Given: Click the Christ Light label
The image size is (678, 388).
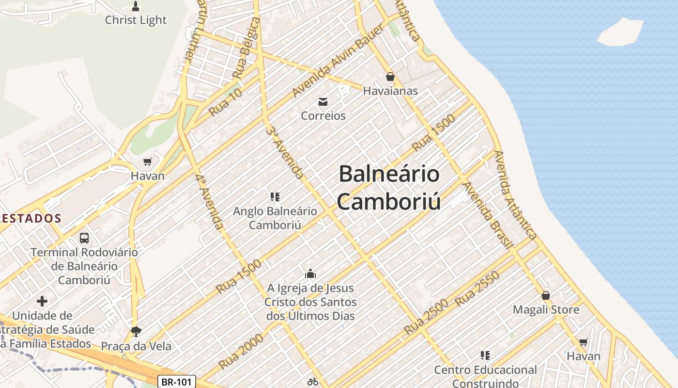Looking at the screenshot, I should click(x=136, y=20).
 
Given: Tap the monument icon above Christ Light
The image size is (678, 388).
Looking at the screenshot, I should click(x=136, y=6).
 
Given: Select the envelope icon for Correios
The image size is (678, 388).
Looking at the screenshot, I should click(x=323, y=101).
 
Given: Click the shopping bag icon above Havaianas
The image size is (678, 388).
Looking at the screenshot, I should click(x=390, y=77).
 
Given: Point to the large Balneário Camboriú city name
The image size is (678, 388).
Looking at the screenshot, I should click(x=389, y=187).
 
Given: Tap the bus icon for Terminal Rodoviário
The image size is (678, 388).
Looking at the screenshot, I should click(x=84, y=238).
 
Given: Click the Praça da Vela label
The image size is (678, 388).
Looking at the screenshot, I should click(x=136, y=346).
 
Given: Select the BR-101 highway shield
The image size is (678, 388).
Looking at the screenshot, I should click(x=177, y=382).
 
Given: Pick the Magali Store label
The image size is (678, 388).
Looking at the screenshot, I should click(x=546, y=309).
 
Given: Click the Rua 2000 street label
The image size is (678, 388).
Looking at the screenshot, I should click(x=241, y=351).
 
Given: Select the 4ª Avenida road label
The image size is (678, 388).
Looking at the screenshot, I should click(x=210, y=201).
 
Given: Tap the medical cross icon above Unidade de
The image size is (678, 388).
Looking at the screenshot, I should click(x=42, y=301).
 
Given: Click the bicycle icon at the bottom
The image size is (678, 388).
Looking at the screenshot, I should click(x=313, y=382).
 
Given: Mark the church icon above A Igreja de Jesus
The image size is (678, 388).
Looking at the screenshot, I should click(x=310, y=274).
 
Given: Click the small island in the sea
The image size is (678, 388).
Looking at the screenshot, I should click(x=620, y=32).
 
